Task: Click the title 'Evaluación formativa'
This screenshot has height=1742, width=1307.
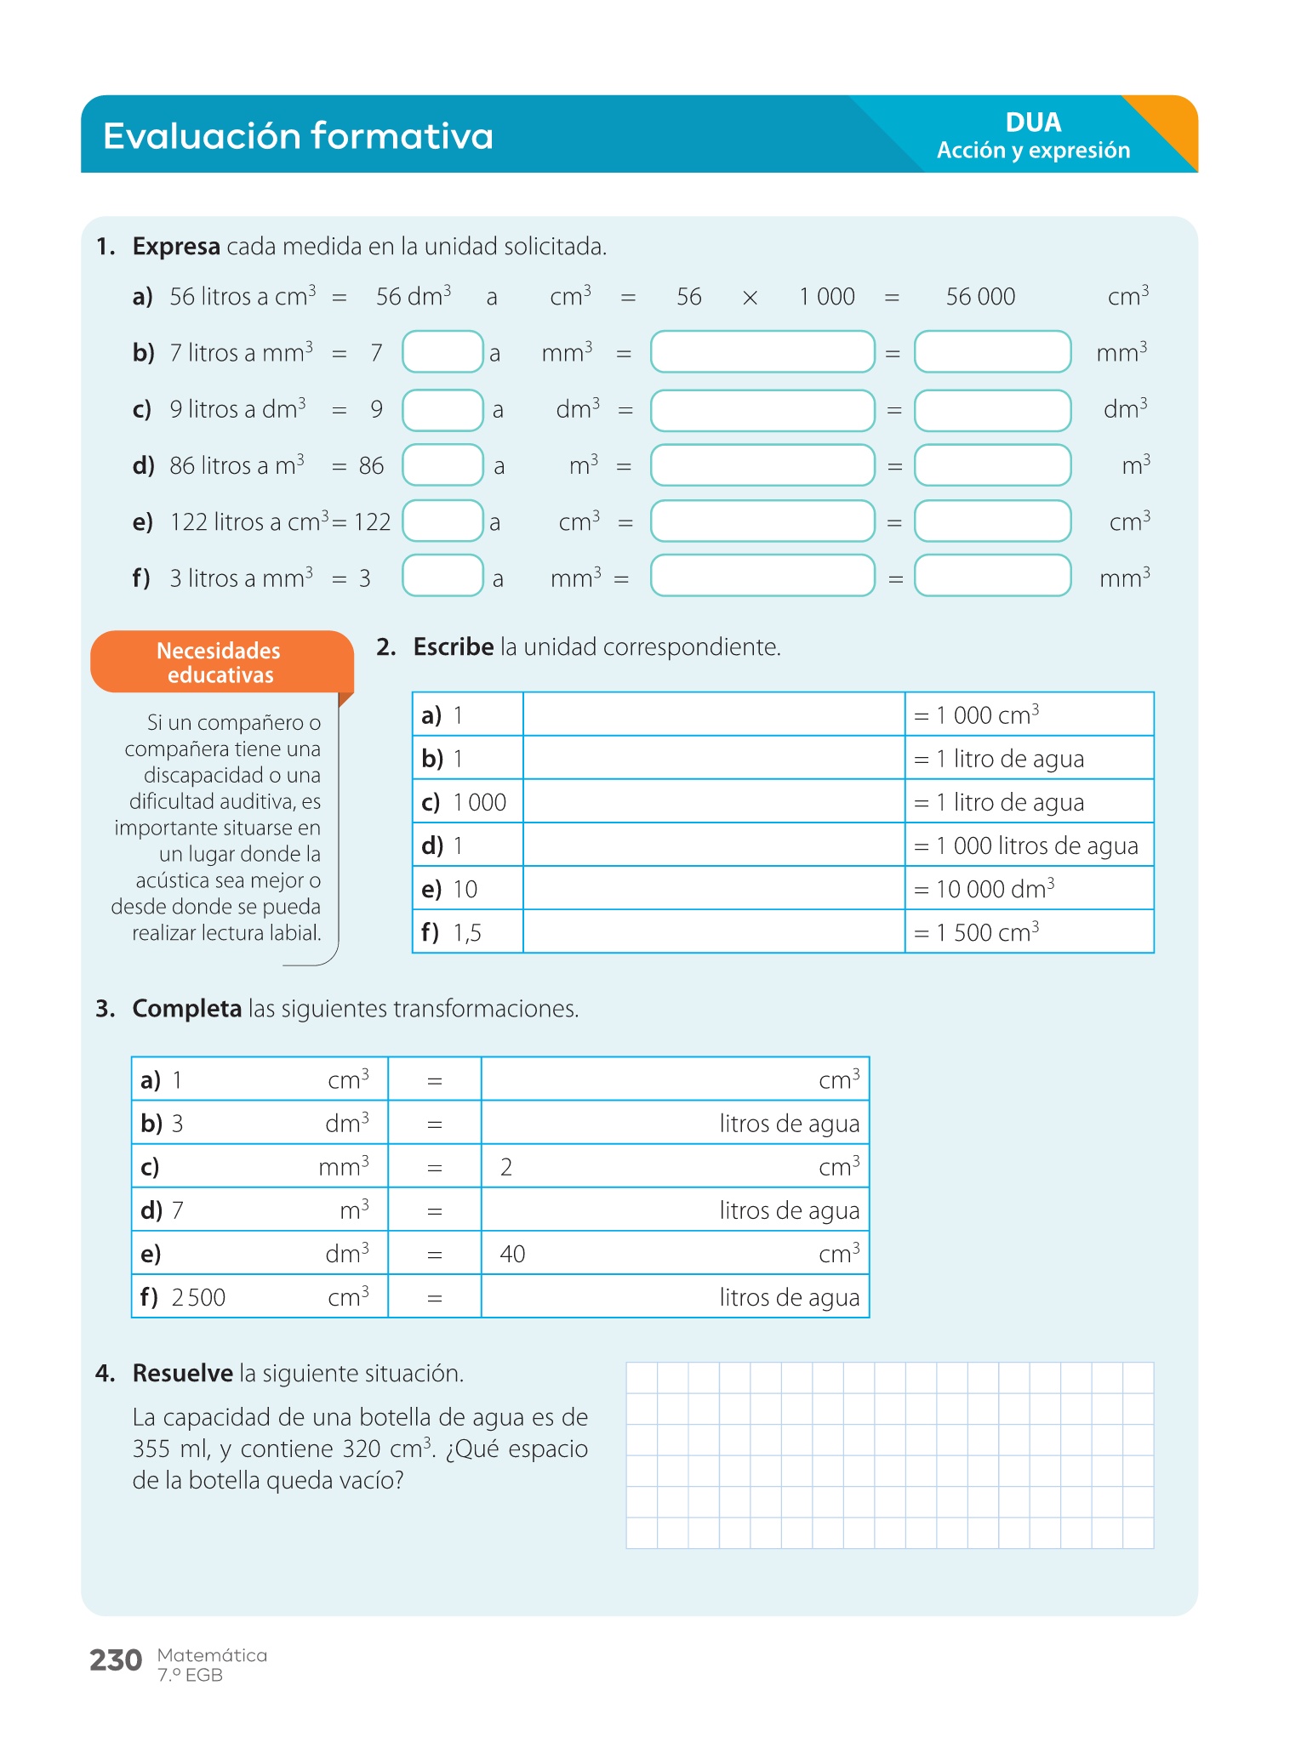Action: [298, 136]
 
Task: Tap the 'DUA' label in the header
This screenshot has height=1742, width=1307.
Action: [1033, 122]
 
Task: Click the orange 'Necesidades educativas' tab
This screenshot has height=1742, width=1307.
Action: [220, 663]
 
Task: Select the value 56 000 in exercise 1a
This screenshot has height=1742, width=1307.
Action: [980, 297]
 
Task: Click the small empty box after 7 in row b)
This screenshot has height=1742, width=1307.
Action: [442, 352]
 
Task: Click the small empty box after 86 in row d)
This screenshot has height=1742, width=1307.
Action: [442, 465]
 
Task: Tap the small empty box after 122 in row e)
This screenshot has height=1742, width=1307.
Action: [442, 521]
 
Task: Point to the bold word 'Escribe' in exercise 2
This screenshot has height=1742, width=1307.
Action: [453, 647]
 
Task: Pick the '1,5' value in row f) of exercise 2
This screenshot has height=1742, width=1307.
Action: [467, 933]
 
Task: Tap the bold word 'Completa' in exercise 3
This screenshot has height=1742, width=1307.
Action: [187, 1009]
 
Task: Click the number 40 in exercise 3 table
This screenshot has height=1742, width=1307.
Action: [512, 1254]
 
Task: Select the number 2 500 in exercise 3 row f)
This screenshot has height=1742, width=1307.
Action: [198, 1298]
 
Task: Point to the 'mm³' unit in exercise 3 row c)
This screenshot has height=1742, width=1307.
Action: [344, 1167]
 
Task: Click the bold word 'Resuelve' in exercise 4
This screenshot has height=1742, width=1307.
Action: [183, 1374]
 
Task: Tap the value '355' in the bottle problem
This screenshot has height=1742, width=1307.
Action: [151, 1449]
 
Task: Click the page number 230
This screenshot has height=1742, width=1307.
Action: [116, 1659]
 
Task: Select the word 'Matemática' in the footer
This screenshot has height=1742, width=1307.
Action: [212, 1655]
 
